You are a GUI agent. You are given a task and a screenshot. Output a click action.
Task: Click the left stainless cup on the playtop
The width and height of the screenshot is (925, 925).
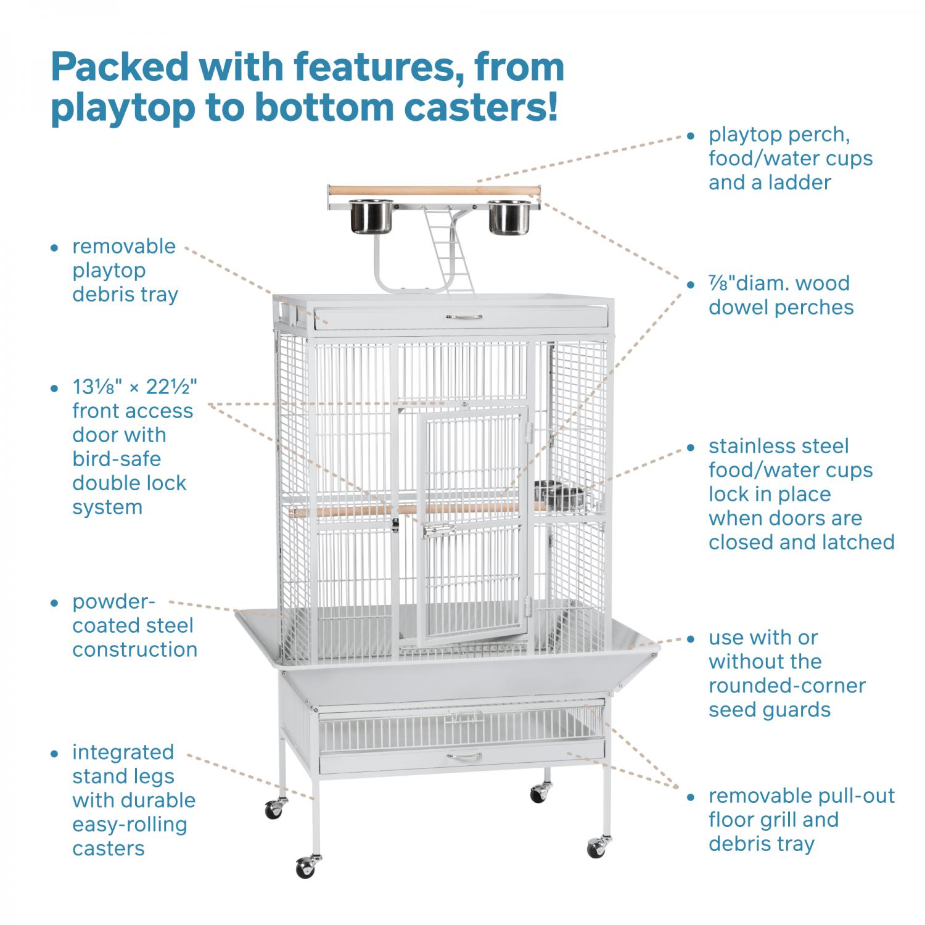(x=372, y=218)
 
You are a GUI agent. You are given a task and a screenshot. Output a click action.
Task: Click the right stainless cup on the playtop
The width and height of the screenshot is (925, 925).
(x=510, y=218)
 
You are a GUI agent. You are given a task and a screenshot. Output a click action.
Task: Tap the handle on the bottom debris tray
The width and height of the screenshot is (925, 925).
(x=464, y=755)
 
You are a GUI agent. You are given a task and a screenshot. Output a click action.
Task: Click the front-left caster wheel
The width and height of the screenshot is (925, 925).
(x=306, y=866)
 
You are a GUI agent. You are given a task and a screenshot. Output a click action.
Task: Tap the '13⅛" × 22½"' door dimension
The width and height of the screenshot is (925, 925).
(x=135, y=387)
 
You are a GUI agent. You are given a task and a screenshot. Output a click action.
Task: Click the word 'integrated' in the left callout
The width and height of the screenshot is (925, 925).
(x=123, y=753)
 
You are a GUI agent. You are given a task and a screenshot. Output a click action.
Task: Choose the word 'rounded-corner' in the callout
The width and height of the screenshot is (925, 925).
(x=787, y=686)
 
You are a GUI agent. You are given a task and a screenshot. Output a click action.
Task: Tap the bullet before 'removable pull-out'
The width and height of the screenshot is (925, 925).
(x=692, y=797)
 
